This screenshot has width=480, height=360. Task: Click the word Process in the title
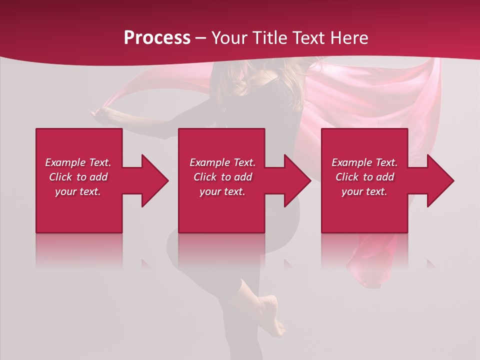[157, 38]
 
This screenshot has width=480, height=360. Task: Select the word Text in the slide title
[308, 38]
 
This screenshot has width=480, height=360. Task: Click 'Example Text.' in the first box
[78, 162]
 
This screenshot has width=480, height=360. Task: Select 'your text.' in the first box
[78, 191]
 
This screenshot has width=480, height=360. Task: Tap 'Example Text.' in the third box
[364, 162]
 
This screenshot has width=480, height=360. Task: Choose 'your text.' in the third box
[364, 191]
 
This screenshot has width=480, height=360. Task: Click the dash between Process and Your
[200, 38]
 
